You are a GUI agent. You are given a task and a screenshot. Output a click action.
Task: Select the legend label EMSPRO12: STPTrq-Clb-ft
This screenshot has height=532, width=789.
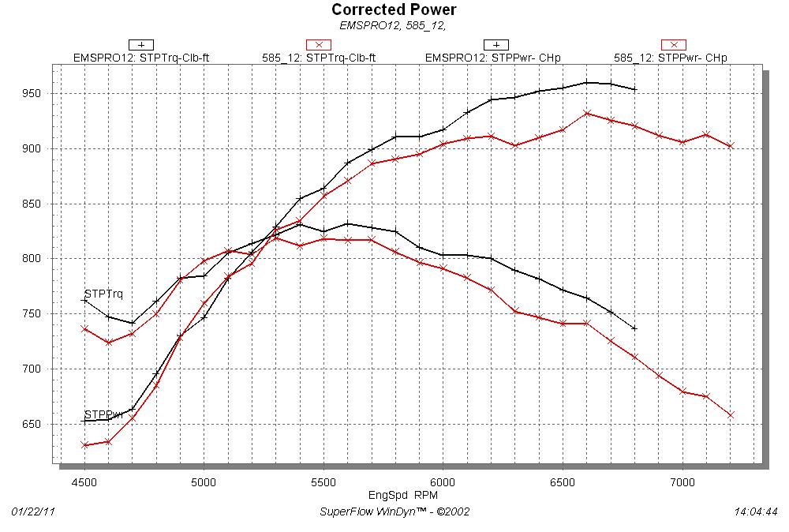pyautogui.click(x=140, y=58)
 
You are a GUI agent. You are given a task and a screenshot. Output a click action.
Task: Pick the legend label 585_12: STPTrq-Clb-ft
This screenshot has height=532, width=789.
pyautogui.click(x=319, y=58)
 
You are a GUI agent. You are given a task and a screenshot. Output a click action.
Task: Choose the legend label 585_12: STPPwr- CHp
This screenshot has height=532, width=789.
pyautogui.click(x=671, y=58)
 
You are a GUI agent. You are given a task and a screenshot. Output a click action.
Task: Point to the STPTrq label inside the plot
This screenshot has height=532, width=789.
pyautogui.click(x=103, y=294)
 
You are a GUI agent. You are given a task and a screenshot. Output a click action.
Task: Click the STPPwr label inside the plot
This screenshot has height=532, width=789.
pyautogui.click(x=103, y=414)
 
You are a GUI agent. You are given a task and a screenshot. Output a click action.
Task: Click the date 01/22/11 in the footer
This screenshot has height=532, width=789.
pyautogui.click(x=33, y=511)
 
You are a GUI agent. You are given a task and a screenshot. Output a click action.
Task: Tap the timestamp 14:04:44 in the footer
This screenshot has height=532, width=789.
pyautogui.click(x=755, y=511)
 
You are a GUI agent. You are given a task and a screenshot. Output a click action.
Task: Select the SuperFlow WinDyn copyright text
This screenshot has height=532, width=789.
pyautogui.click(x=394, y=511)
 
